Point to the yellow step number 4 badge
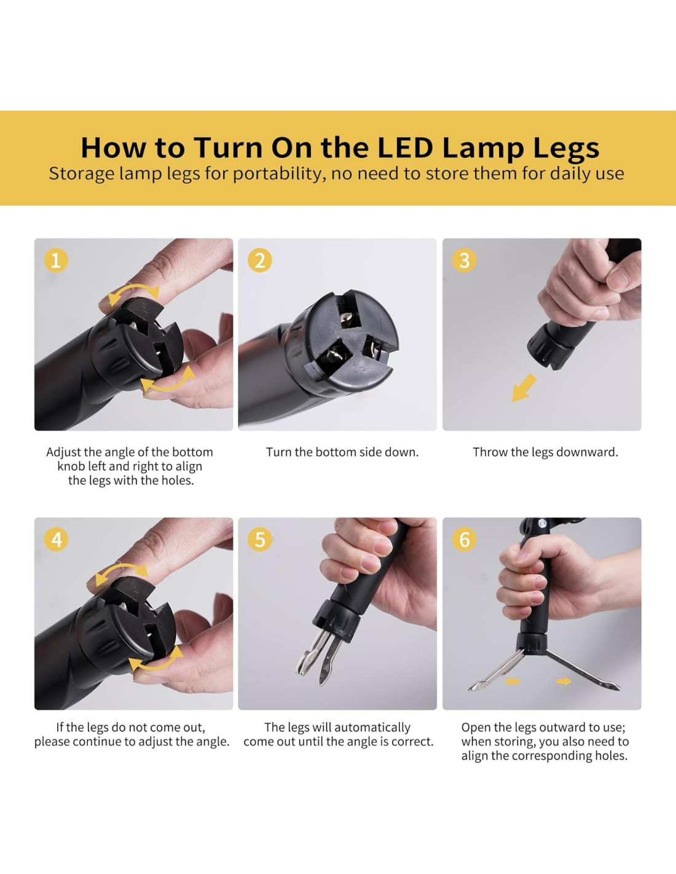point(56,539)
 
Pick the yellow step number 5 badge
point(260,539)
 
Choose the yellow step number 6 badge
point(464,539)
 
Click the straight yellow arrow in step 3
point(523,388)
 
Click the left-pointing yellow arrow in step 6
point(513,682)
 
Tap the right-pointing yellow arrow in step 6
point(564,682)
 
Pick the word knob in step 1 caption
point(70,466)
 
